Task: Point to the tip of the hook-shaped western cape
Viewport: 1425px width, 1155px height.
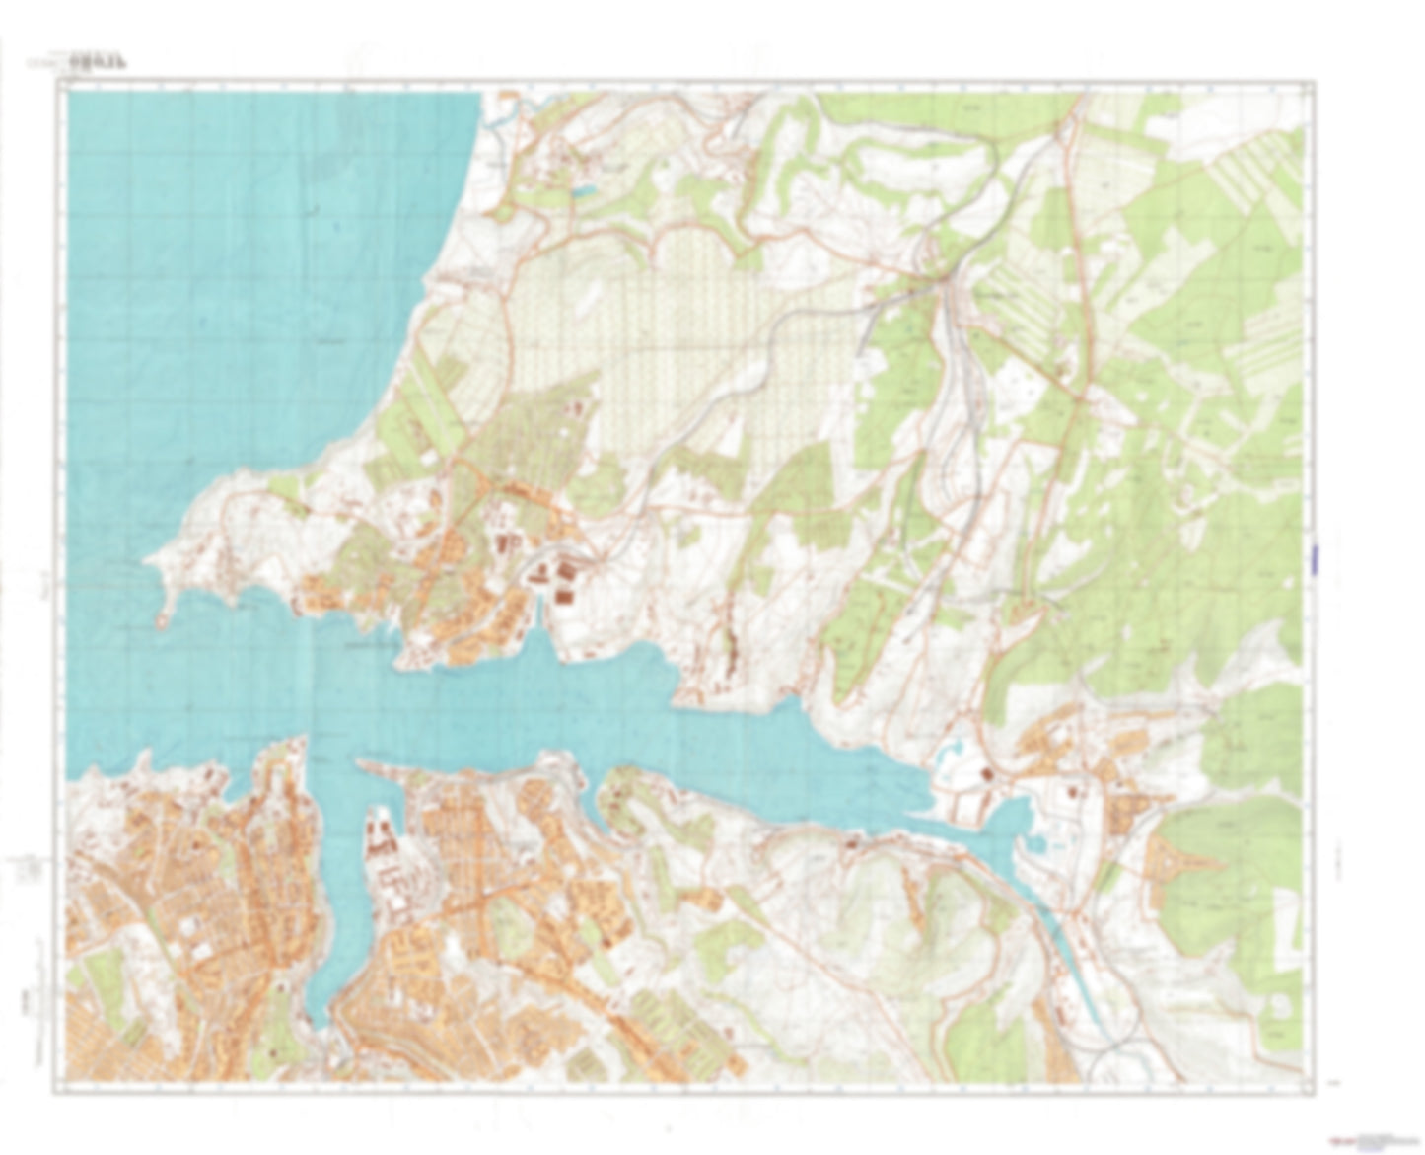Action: pyautogui.click(x=161, y=623)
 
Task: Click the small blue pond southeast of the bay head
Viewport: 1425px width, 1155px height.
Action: pyautogui.click(x=1036, y=842)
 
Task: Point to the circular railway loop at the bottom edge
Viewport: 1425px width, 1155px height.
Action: pyautogui.click(x=1114, y=1065)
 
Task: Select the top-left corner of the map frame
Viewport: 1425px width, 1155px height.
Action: pyautogui.click(x=60, y=85)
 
